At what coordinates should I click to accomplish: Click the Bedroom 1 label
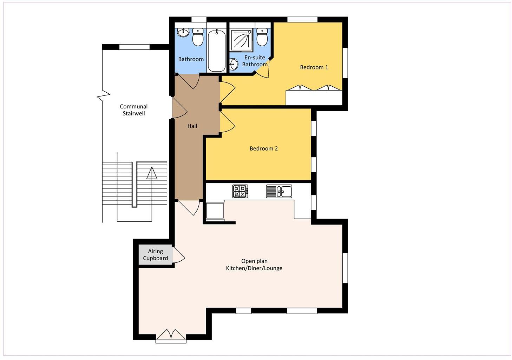[314, 67]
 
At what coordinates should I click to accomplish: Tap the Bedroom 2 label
[263, 148]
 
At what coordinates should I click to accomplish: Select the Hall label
[192, 126]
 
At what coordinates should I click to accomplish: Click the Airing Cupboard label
[156, 255]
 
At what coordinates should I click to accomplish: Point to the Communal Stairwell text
[133, 110]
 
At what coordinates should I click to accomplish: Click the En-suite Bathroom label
[255, 61]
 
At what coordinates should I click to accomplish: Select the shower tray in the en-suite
[241, 39]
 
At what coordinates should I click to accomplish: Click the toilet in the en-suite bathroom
[262, 37]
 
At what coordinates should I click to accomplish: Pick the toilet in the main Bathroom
[198, 37]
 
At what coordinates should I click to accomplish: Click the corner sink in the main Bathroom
[183, 33]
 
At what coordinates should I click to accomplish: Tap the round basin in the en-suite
[234, 64]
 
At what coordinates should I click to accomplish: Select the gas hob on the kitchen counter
[240, 191]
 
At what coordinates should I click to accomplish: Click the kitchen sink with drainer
[279, 191]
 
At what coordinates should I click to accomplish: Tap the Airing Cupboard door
[179, 255]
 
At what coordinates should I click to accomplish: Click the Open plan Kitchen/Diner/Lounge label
[254, 265]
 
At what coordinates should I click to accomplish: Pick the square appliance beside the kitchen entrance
[215, 211]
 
